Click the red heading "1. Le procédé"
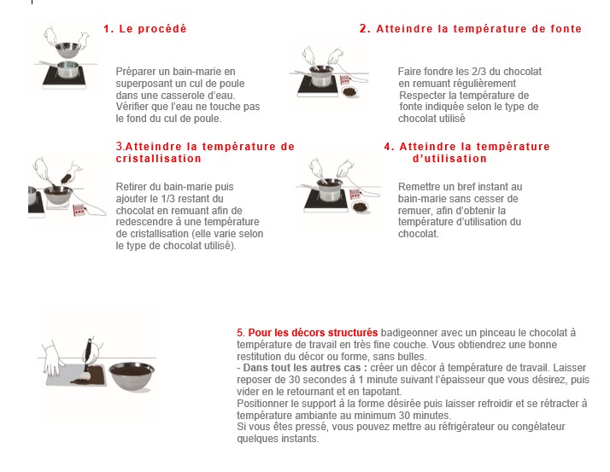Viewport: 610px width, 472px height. click(x=145, y=29)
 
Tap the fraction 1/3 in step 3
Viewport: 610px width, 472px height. click(x=168, y=199)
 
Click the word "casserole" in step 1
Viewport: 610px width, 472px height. click(x=179, y=96)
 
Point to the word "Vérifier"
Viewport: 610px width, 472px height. click(x=132, y=107)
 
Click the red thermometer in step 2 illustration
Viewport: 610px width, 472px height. click(x=345, y=80)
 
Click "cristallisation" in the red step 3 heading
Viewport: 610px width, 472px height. click(x=159, y=159)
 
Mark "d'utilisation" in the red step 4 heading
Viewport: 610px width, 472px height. click(x=449, y=159)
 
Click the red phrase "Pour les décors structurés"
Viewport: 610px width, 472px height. click(x=313, y=333)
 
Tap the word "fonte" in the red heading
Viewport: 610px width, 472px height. click(x=566, y=29)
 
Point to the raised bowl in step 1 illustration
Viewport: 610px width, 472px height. click(x=68, y=50)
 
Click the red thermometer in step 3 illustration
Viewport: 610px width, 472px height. click(x=79, y=210)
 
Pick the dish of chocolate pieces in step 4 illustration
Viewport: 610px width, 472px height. click(x=359, y=207)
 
